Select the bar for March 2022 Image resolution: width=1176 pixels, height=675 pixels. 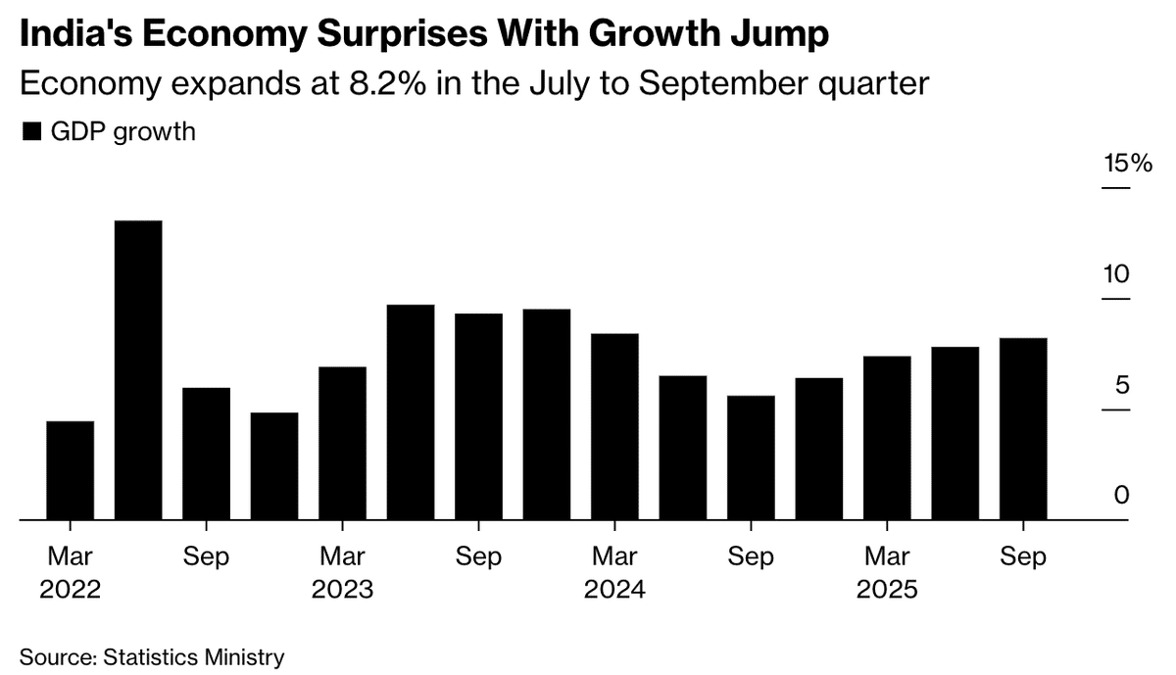71,470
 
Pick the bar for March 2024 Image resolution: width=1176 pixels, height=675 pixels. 614,426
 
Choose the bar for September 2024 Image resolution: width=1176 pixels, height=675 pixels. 751,458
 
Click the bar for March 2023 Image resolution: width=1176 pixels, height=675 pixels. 343,443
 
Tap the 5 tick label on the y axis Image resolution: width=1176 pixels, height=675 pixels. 1121,385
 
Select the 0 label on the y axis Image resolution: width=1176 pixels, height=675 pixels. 1121,496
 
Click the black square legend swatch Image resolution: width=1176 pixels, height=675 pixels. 31,132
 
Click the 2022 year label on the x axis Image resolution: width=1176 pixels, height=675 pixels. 70,591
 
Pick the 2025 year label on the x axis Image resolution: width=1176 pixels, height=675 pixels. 887,591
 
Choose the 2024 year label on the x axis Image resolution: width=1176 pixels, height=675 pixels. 614,591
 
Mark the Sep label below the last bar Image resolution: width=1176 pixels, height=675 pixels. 1023,557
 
